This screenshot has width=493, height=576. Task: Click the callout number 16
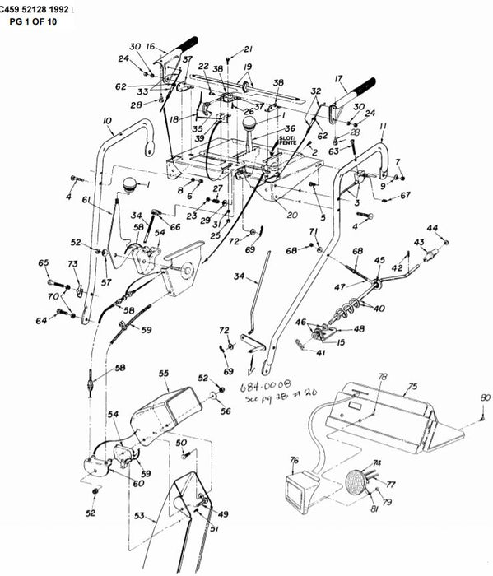tap(151, 48)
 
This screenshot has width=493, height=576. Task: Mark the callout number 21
tap(248, 49)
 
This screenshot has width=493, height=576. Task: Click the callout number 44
tap(432, 228)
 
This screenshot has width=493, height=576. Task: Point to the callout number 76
tap(294, 461)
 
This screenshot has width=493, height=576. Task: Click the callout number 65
tap(43, 262)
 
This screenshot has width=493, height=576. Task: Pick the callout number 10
tap(107, 121)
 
